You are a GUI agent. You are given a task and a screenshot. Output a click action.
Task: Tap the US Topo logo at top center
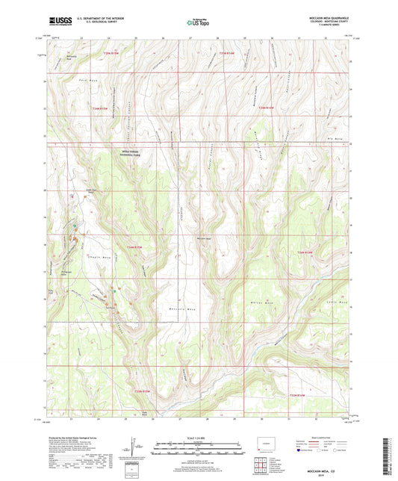click(198, 23)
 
